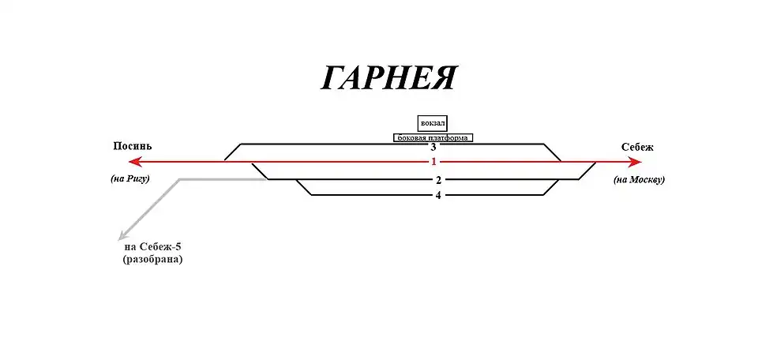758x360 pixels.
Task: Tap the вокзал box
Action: click(433, 123)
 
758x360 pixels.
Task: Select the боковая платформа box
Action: click(433, 137)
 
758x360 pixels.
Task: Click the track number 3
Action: click(433, 147)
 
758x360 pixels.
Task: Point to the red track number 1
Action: click(433, 162)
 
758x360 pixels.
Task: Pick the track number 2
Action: click(438, 180)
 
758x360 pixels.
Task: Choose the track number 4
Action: click(438, 195)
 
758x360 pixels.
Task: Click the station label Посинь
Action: click(133, 147)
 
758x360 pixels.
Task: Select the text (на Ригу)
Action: click(130, 179)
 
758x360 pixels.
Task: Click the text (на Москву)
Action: click(639, 180)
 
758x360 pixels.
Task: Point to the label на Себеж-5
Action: click(152, 246)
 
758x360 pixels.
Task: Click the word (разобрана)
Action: click(152, 259)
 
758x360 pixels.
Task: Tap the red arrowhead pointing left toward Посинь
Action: click(134, 162)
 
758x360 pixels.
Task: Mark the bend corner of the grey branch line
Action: click(180, 179)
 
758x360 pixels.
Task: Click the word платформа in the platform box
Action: click(449, 137)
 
